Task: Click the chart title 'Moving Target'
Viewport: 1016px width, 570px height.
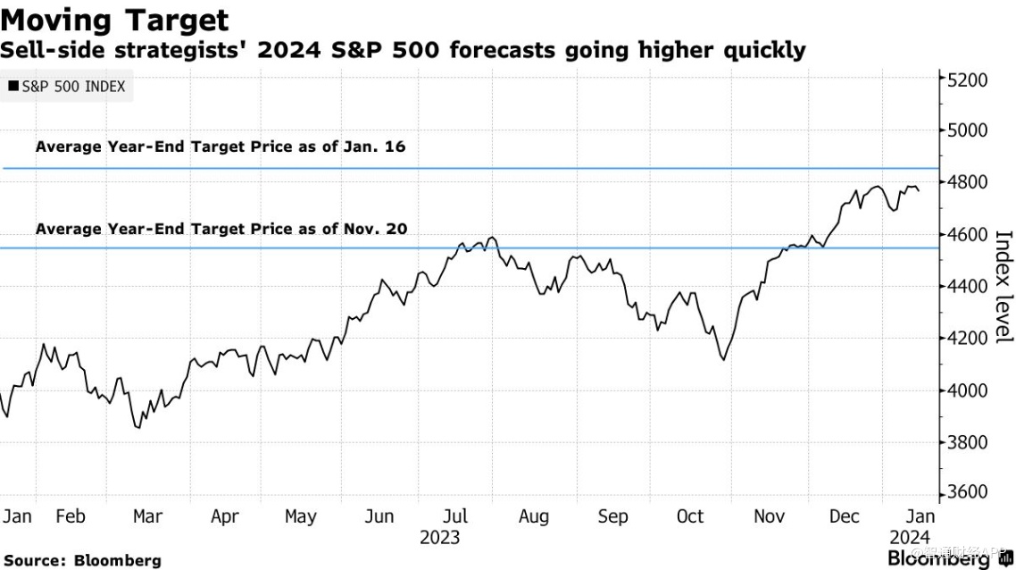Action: click(x=115, y=20)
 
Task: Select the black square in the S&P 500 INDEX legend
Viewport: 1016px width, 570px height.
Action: click(x=13, y=87)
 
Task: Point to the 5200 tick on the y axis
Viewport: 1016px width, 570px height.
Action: click(x=968, y=79)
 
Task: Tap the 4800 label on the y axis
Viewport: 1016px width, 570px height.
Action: click(x=968, y=182)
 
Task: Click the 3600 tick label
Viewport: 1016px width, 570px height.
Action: click(x=968, y=493)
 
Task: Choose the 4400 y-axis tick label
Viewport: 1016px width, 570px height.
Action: click(x=968, y=286)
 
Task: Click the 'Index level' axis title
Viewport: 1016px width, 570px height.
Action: click(x=1004, y=286)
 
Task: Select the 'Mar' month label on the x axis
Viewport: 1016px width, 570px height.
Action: click(x=147, y=516)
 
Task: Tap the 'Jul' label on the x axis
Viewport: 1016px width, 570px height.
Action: click(x=457, y=516)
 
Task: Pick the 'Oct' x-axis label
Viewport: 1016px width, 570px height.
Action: click(x=690, y=516)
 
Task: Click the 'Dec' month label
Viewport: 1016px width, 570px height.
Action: click(x=844, y=516)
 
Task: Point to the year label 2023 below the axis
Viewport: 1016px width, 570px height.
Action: click(x=439, y=537)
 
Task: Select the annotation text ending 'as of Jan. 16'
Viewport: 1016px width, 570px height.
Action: click(x=221, y=147)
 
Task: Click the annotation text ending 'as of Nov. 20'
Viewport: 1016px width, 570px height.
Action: click(x=221, y=229)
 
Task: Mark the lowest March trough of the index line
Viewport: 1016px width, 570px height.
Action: click(x=137, y=428)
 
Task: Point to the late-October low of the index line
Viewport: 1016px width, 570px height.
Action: click(x=722, y=360)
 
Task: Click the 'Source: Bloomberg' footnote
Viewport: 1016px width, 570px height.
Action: click(x=81, y=560)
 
